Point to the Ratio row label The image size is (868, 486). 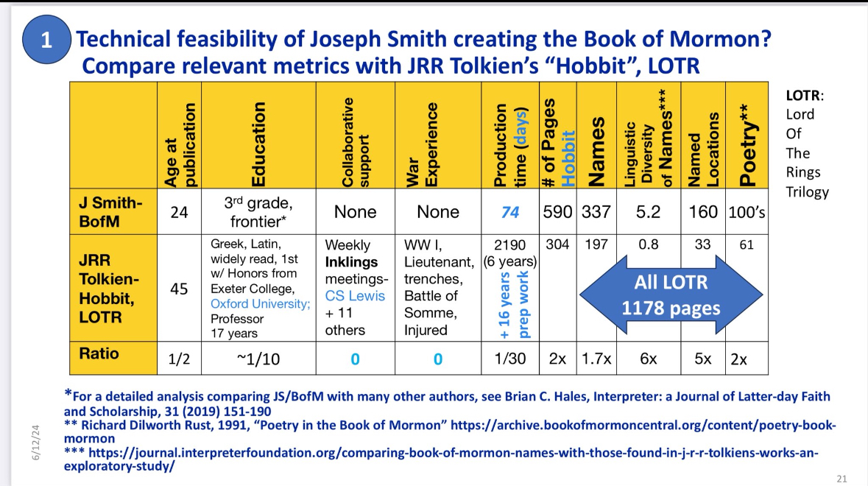click(99, 354)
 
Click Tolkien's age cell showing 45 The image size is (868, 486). click(178, 289)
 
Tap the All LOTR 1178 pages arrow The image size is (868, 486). click(671, 294)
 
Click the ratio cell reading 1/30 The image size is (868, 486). click(510, 360)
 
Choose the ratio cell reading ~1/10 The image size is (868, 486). click(258, 360)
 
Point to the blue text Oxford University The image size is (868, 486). click(261, 303)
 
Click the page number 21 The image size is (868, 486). click(842, 479)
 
